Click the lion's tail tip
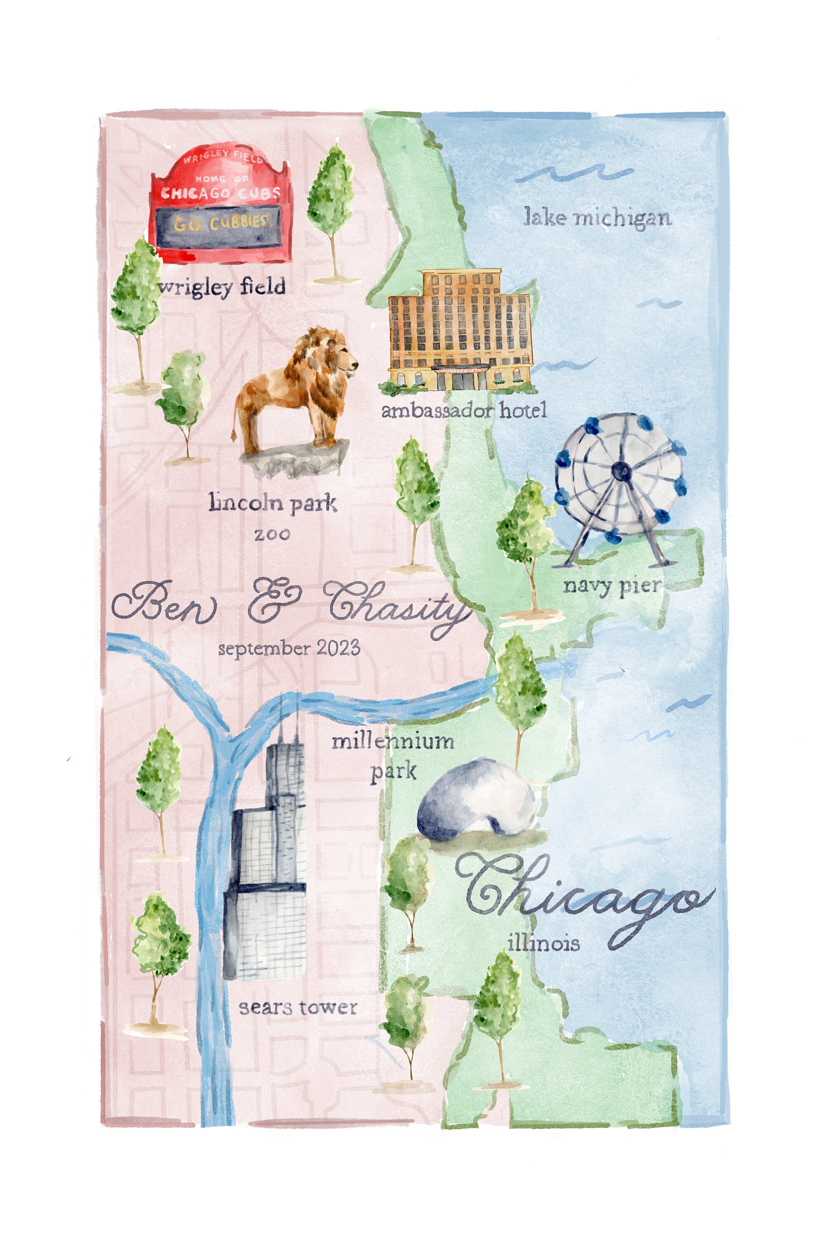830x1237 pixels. coord(234,437)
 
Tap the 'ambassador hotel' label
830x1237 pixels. coord(464,411)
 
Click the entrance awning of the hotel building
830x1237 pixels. coord(460,369)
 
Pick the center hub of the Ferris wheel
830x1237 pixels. coord(620,469)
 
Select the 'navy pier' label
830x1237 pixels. coord(612,586)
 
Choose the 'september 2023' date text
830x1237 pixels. coord(289,648)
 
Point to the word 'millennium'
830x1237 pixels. coord(393,741)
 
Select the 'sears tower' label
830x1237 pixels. coord(298,1008)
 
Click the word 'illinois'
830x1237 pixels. coord(544,943)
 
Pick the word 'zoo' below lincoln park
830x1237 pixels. coord(272,534)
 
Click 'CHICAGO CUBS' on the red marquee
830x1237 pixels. coord(221,193)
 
